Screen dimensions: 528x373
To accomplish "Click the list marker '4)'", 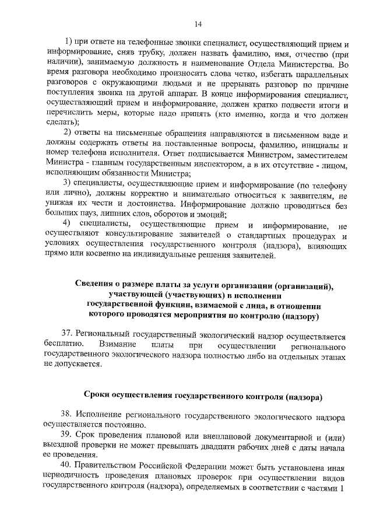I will click(68, 225).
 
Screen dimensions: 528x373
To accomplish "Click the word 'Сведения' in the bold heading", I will click(96, 285).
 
